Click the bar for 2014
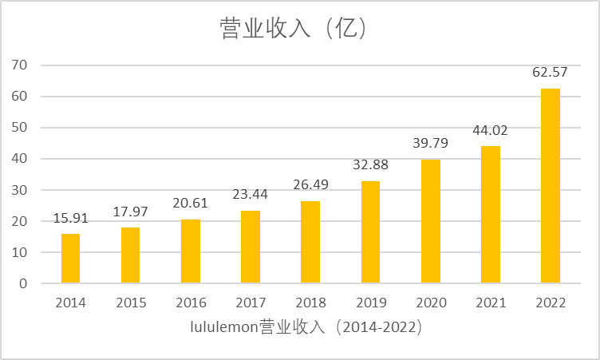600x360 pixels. coord(70,259)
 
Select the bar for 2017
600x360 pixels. coord(251,247)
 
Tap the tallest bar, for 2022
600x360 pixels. coord(551,186)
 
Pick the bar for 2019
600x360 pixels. coord(370,232)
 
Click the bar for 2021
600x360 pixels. coord(491,215)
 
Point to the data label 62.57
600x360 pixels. coord(550,73)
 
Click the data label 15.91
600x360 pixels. coord(70,218)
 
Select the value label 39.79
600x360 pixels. coord(430,144)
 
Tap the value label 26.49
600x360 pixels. coord(310,186)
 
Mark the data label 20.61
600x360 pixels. coord(191,204)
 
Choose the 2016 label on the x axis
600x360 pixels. coord(191,303)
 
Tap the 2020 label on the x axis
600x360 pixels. coord(430,303)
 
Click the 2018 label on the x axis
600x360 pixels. coord(310,303)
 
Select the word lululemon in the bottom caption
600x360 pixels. coord(224,327)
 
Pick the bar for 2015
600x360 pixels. coord(130,255)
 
